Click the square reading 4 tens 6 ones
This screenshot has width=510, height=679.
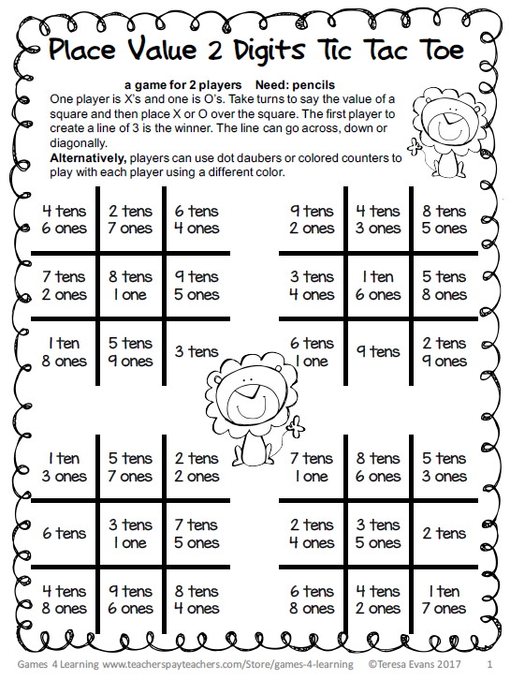coord(65,219)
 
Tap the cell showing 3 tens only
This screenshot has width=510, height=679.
coord(197,352)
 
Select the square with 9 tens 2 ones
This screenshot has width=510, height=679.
coord(311,219)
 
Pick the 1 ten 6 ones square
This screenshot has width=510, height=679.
coord(378,286)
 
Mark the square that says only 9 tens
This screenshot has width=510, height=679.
coord(378,352)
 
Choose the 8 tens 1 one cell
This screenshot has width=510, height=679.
coord(130,286)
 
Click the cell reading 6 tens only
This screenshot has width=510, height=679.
coord(65,534)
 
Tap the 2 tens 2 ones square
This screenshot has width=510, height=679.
coord(197,467)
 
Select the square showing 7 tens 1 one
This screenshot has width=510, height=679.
coord(311,467)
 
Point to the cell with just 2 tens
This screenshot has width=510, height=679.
coord(444,534)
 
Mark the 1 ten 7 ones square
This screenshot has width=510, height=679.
coord(444,600)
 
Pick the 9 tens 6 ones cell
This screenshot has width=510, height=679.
coord(130,600)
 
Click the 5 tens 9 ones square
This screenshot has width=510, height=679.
coord(130,352)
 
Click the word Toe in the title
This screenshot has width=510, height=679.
coord(433,50)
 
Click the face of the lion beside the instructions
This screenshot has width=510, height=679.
coord(442,123)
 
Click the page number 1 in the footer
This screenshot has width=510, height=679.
coord(488,664)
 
